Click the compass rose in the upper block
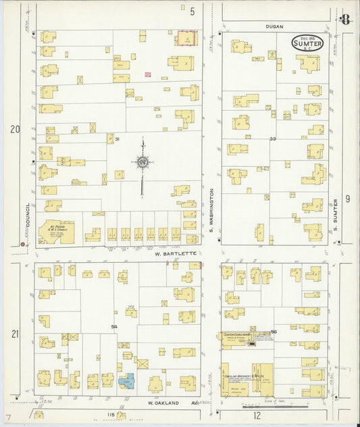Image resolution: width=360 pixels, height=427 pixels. click(143, 162)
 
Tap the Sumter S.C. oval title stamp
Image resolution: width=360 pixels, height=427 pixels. click(307, 43)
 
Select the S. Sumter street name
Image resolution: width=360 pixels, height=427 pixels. click(336, 210)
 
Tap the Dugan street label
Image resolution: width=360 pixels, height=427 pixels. click(274, 26)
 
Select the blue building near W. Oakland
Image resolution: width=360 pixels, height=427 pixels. click(126, 381)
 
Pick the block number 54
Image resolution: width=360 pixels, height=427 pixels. click(114, 327)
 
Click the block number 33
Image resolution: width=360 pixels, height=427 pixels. click(273, 139)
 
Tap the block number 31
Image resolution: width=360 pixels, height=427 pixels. click(117, 139)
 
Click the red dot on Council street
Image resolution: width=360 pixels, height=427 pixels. click(23, 244)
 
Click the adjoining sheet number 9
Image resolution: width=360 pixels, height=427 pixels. click(348, 198)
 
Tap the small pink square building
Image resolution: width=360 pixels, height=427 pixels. click(147, 74)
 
